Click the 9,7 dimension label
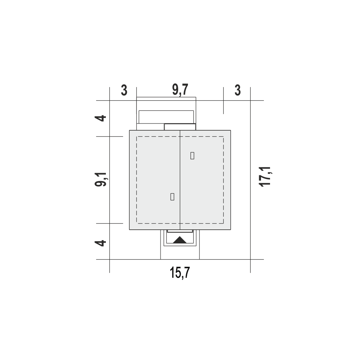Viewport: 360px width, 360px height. pos(180,90)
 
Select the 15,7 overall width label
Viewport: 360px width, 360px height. pos(180,273)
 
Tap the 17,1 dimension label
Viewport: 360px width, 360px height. pos(265,176)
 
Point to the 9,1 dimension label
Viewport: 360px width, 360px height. pos(100,179)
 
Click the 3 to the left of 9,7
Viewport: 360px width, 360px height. pos(124,90)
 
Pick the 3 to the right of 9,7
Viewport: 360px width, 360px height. pos(238,90)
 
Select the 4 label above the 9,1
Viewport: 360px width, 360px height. pos(100,118)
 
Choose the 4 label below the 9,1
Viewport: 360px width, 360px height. pos(100,243)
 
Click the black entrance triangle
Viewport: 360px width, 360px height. pos(180,240)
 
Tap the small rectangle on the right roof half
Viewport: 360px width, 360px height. pos(192,156)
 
